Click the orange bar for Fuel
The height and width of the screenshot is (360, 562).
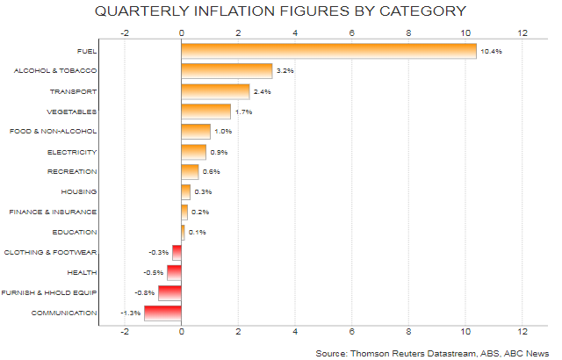pyautogui.click(x=328, y=51)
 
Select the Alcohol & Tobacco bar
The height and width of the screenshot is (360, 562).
pyautogui.click(x=227, y=71)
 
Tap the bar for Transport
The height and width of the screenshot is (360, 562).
pyautogui.click(x=215, y=91)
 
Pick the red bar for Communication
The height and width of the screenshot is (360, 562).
pyautogui.click(x=163, y=312)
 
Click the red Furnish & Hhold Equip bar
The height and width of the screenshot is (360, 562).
pyautogui.click(x=169, y=292)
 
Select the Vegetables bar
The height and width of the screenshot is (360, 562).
pyautogui.click(x=205, y=112)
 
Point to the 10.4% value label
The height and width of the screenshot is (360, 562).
pyautogui.click(x=492, y=52)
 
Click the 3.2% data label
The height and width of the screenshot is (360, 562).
pyautogui.click(x=286, y=72)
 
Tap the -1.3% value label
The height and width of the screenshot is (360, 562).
pyautogui.click(x=130, y=313)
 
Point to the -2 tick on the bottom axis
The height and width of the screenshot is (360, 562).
pyautogui.click(x=124, y=332)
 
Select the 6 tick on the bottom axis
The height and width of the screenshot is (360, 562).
pyautogui.click(x=352, y=332)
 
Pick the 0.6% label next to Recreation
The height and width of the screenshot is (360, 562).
pyautogui.click(x=211, y=172)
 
